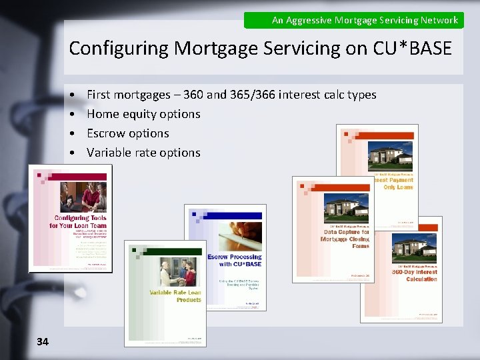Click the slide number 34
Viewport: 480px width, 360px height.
point(43,341)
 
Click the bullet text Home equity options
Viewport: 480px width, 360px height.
point(143,114)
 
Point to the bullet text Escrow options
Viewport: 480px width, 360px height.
point(128,133)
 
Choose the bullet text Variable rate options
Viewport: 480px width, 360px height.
point(143,153)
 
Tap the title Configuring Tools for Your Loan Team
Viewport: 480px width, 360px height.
point(79,222)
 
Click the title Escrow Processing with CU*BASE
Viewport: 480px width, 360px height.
point(234,260)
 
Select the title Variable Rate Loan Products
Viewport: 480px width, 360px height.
point(175,296)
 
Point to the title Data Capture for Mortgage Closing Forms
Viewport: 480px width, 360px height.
point(346,239)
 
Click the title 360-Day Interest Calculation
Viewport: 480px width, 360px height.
point(414,275)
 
